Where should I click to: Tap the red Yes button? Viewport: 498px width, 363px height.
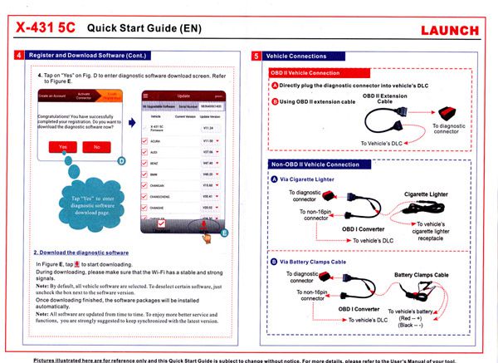coord(63,147)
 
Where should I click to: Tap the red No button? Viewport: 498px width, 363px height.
coord(98,147)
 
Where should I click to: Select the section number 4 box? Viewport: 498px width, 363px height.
coord(20,56)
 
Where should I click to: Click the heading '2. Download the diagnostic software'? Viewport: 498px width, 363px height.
coord(81,252)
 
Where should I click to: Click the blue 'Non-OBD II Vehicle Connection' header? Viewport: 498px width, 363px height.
coord(320,164)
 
